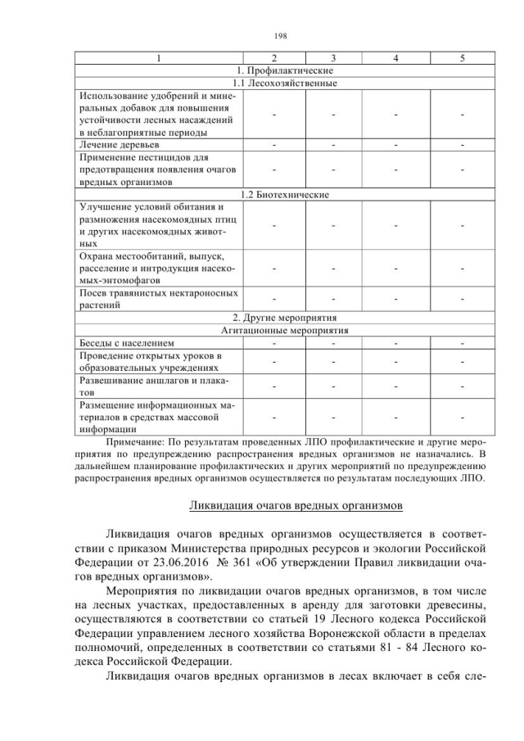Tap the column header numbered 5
(x=463, y=58)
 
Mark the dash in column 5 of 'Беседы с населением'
(x=463, y=343)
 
